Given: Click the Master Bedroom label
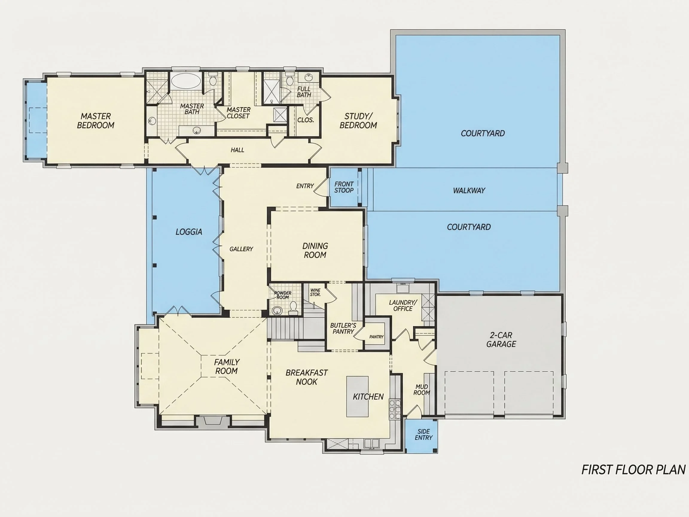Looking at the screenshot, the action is pos(96,121).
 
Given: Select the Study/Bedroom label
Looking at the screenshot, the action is pos(358,121).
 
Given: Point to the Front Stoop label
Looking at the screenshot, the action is pos(344,187).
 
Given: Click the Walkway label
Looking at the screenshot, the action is pos(469,190).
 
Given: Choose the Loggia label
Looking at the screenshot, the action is pos(189,232).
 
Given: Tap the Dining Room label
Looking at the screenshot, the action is pos(315,250).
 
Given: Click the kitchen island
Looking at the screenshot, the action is pos(357,396).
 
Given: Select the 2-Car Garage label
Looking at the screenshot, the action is pos(501,340).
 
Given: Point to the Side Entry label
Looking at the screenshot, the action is pos(424,434).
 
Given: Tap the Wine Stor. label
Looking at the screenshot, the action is pos(315,292).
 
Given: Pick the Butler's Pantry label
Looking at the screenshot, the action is pos(343,329).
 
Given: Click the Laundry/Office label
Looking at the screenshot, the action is pos(403,305).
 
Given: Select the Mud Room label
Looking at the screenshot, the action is pos(421,390).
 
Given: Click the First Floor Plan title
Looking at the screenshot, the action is pos(634,470).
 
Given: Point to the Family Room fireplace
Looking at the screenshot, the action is pos(213,421).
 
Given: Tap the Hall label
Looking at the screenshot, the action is pos(237,150).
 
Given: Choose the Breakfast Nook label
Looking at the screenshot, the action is pos(307,377).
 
